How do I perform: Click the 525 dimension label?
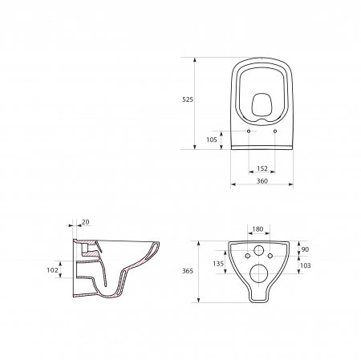tap(188, 99)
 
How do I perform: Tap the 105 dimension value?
tap(212, 140)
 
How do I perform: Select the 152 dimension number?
tap(262, 168)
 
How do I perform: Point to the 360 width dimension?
tap(262, 181)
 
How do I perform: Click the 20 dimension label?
tap(86, 222)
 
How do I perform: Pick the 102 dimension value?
tap(52, 270)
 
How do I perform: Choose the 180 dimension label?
tap(258, 229)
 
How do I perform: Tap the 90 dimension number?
tap(305, 249)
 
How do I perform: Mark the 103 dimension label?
tap(306, 265)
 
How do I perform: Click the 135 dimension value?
tap(218, 264)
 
